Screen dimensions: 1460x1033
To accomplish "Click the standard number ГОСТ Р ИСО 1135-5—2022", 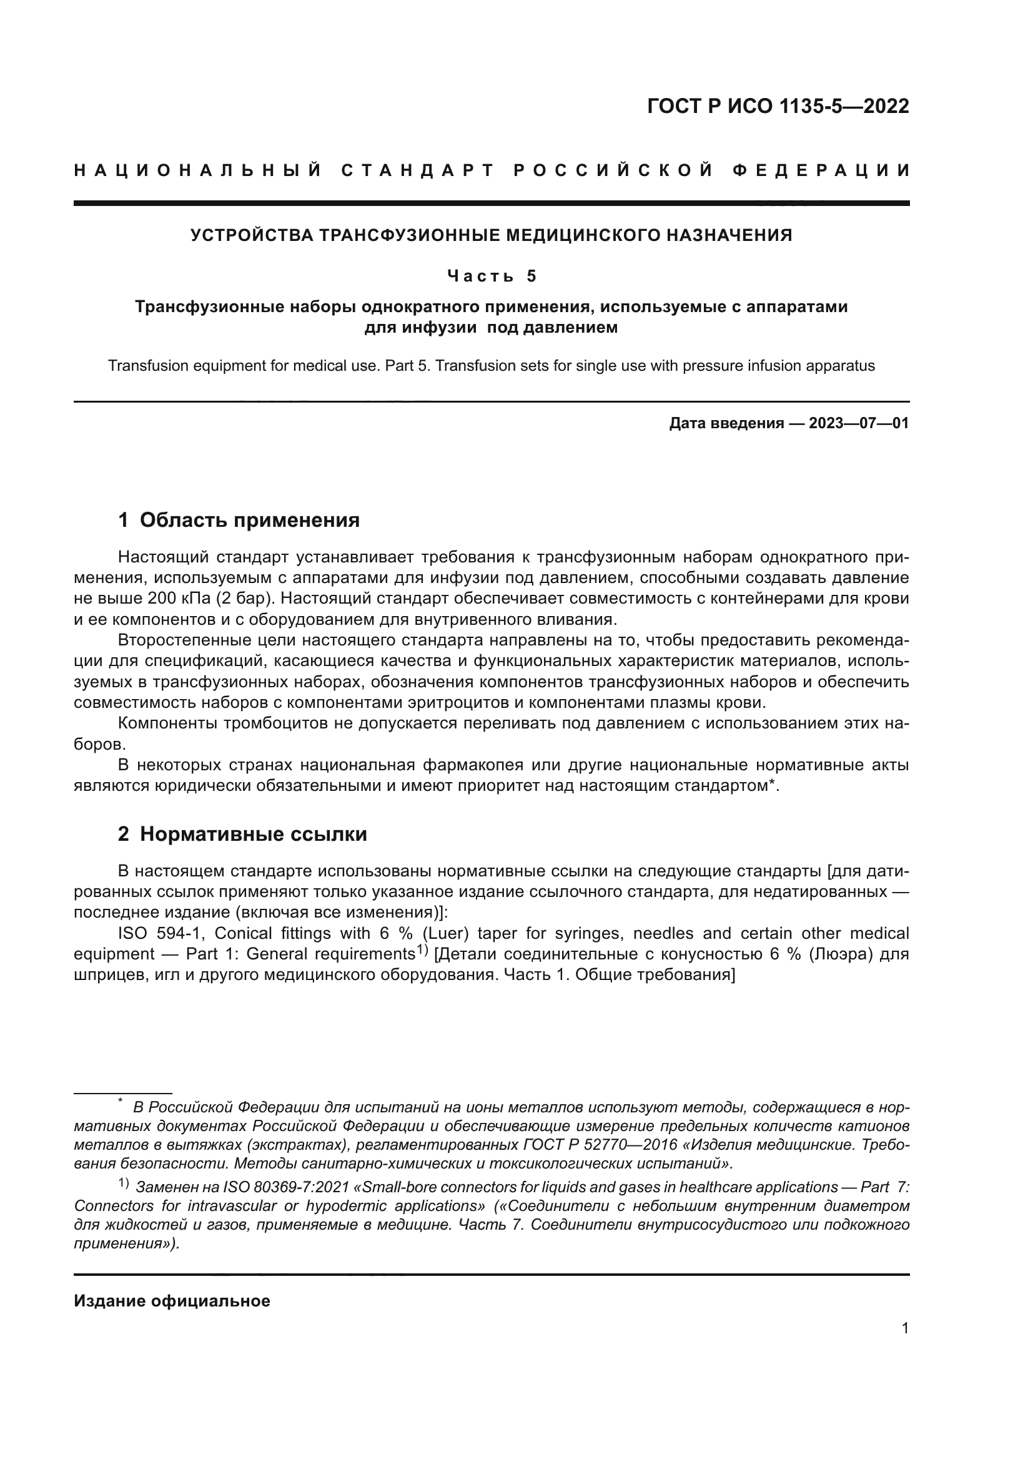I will (778, 106).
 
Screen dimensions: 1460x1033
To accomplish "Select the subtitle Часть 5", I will (492, 276).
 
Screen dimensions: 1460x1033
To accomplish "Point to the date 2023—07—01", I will (858, 423).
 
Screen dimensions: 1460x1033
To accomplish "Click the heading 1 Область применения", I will (239, 520).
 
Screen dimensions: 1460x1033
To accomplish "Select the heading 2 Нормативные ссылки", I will (242, 835).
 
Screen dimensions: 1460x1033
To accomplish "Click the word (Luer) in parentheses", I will (445, 933).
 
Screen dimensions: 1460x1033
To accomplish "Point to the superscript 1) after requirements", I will (422, 951).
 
